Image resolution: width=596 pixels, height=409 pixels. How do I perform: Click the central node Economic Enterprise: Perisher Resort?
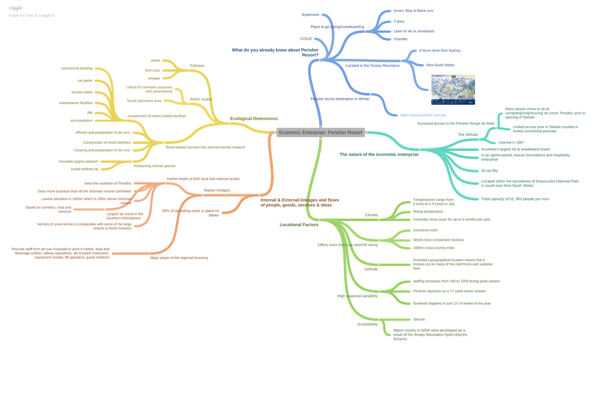[x=321, y=133]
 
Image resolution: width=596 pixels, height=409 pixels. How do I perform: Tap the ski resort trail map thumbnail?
[x=453, y=90]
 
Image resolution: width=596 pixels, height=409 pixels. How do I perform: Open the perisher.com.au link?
[x=423, y=115]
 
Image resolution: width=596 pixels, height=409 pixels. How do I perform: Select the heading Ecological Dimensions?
[x=254, y=119]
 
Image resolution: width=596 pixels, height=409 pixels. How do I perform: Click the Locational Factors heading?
[x=299, y=225]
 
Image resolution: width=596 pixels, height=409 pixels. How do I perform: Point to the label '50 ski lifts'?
[x=489, y=171]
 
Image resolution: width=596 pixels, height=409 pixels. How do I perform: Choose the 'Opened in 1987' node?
[x=511, y=142]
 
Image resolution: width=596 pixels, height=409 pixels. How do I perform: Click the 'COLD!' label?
[x=306, y=39]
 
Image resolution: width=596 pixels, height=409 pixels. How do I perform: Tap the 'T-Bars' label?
[x=399, y=21]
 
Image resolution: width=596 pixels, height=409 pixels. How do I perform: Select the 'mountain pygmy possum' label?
[x=78, y=161]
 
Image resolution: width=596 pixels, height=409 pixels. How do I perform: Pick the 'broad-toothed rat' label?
[x=84, y=169]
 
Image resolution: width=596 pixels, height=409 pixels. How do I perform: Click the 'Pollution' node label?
[x=197, y=66]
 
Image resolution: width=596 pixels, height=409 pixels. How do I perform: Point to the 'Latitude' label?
[x=371, y=269]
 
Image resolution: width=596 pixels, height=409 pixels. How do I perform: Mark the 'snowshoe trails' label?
[x=425, y=230]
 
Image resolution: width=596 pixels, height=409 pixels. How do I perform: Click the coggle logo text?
[x=15, y=8]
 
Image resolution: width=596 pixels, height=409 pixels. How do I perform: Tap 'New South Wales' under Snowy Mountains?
[x=441, y=65]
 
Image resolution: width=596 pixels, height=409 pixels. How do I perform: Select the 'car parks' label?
[x=85, y=80]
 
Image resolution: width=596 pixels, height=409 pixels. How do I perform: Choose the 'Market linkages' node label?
[x=217, y=191]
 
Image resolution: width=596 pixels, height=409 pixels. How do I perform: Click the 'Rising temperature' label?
[x=428, y=211]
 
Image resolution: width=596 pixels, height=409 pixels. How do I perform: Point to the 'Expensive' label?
[x=310, y=14]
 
